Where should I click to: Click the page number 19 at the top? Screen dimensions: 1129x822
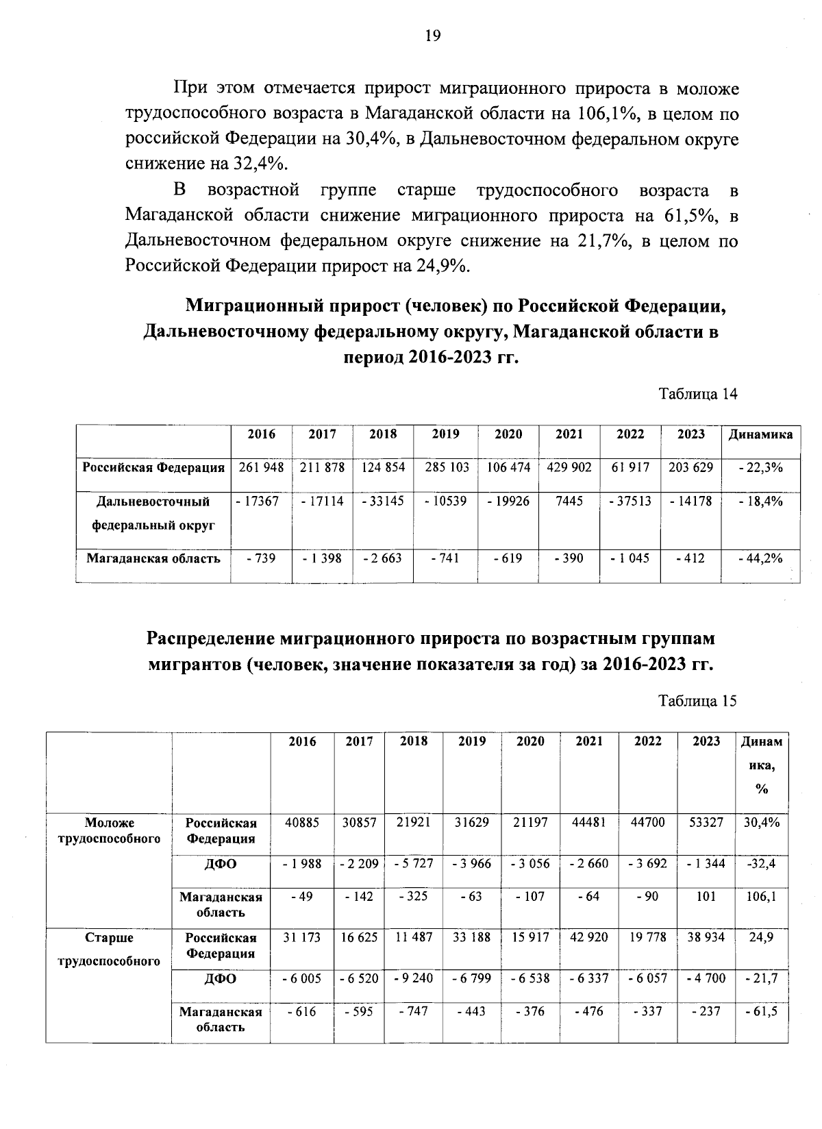tap(433, 37)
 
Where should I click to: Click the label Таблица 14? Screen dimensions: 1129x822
tap(697, 394)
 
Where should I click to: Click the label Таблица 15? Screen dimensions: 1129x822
tap(697, 701)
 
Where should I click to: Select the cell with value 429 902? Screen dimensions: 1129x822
tap(569, 468)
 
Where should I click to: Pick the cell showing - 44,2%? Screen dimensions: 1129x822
tap(760, 558)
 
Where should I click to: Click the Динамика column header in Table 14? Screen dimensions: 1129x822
tap(760, 434)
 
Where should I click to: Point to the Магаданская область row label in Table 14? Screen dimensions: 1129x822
tap(153, 558)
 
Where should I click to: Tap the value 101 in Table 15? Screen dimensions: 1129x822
tap(706, 897)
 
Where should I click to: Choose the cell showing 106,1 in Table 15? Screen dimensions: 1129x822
tap(761, 897)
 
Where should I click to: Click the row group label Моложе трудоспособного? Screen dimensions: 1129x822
tap(109, 830)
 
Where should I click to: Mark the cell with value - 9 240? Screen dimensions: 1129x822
tap(414, 978)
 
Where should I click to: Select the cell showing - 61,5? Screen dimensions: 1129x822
tap(761, 1011)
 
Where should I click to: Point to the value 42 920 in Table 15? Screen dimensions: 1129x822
tap(588, 938)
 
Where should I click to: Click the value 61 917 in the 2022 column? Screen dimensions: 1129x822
tap(630, 468)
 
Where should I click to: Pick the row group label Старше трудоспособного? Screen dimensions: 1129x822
tap(109, 949)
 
